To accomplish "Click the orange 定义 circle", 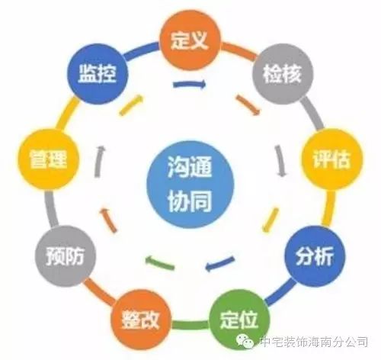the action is pyautogui.click(x=190, y=40).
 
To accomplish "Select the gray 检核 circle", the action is pyautogui.click(x=283, y=74).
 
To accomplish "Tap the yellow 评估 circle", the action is pyautogui.click(x=331, y=159).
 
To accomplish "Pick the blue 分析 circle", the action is pyautogui.click(x=315, y=256).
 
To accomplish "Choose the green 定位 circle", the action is pyautogui.click(x=239, y=320).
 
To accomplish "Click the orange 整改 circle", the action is pyautogui.click(x=140, y=320).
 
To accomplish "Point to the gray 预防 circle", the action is pyautogui.click(x=65, y=256).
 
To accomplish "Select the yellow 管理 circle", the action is pyautogui.click(x=48, y=159).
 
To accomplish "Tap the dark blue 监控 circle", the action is pyautogui.click(x=98, y=74).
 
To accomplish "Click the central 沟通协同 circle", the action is pyautogui.click(x=190, y=185).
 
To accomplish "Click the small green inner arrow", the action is pyautogui.click(x=160, y=263).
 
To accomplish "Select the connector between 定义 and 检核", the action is pyautogui.click(x=239, y=51).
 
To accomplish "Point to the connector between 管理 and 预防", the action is pyautogui.click(x=52, y=209).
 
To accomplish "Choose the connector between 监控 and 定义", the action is pyautogui.click(x=140, y=50).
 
